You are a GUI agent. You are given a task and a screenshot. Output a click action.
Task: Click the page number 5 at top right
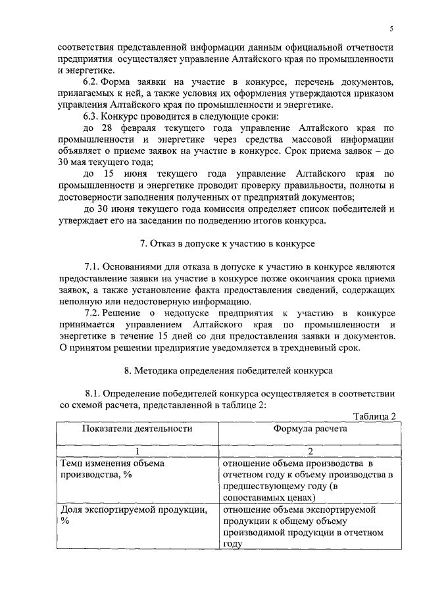coord(391,29)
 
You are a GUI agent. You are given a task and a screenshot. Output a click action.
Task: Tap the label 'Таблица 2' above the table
coord(374,417)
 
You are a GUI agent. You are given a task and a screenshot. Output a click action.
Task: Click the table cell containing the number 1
coord(137,452)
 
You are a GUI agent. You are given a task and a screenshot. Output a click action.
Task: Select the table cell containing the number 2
coord(310,452)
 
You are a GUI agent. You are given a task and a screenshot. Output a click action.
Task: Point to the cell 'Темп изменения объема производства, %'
coord(112,469)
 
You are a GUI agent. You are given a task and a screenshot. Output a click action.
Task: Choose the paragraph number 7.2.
coord(93,312)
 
